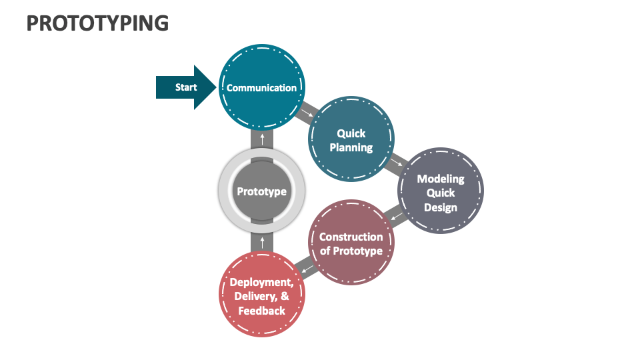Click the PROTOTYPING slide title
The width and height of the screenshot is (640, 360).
pos(97,23)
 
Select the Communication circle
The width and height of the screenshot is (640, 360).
pos(261,87)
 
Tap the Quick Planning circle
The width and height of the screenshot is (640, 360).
pos(351,140)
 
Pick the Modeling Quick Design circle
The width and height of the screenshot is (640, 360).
pos(440,192)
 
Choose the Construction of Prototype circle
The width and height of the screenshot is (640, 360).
pos(351,243)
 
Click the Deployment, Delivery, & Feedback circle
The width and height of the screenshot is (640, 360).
pos(261,295)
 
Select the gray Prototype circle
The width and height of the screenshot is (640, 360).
pos(261,191)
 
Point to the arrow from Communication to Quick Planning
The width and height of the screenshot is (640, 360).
pos(305,113)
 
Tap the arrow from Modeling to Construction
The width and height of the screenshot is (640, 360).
pos(396,217)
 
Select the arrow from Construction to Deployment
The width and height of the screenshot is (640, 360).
pos(306,269)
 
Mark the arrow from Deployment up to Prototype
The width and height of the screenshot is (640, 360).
pos(262,242)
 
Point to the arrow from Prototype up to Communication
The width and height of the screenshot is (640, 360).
pos(262,139)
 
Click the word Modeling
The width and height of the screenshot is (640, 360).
pos(440,179)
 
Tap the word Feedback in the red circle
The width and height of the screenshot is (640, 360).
pos(261,311)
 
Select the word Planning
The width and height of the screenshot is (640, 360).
pos(351,147)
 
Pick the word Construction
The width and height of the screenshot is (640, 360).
pos(351,237)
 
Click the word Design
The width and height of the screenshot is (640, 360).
pos(440,207)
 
